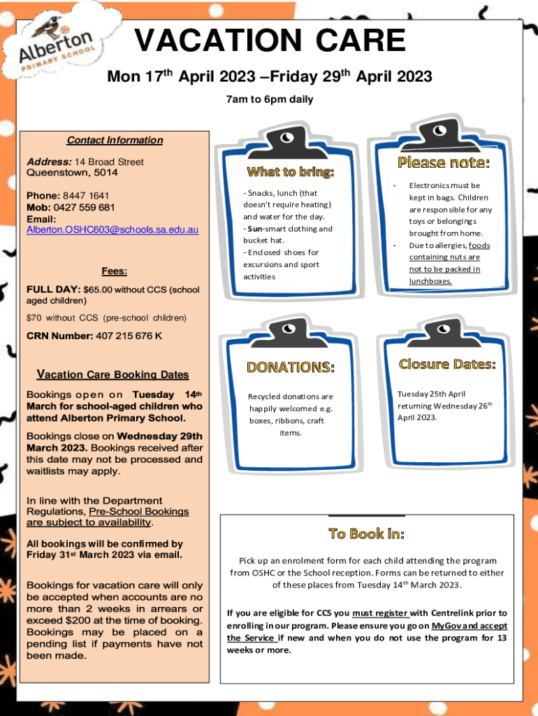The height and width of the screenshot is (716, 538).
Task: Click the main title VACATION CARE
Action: (x=270, y=40)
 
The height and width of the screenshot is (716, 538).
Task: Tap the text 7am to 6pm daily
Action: (x=270, y=99)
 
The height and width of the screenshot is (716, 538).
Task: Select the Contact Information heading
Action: (x=115, y=140)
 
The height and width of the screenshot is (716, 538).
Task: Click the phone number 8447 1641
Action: (x=86, y=196)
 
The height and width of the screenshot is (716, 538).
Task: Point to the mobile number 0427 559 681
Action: (x=84, y=207)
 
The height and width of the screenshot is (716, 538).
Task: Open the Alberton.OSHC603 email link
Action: (x=112, y=229)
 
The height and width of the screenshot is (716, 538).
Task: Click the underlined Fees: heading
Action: (x=115, y=271)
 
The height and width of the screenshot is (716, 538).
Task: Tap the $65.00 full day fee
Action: (x=98, y=289)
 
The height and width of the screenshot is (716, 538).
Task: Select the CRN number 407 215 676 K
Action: (x=129, y=336)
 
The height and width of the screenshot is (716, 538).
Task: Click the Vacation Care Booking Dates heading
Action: (x=112, y=375)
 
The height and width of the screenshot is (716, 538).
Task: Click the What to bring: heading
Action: (x=291, y=172)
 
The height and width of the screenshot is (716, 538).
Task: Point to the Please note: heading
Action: (x=444, y=162)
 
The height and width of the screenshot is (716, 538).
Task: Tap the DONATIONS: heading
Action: (x=291, y=368)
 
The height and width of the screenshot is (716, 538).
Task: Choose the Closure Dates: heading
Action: (x=447, y=364)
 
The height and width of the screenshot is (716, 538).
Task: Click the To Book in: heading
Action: (x=367, y=534)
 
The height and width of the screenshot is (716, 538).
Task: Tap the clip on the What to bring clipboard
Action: (x=286, y=142)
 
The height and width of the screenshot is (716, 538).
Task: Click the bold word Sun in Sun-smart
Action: (x=254, y=229)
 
